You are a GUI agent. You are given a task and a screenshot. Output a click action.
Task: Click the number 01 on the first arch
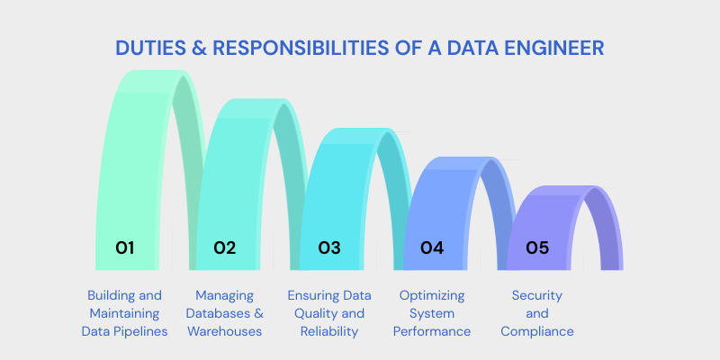[124, 247]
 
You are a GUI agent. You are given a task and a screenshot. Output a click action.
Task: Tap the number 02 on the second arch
[225, 247]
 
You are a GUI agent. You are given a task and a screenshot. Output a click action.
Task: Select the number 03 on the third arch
[329, 247]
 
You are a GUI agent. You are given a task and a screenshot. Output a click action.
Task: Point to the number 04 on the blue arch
[433, 247]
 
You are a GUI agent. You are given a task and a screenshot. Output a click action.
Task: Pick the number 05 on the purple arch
[537, 247]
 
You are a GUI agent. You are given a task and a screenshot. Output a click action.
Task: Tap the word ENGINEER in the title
[551, 48]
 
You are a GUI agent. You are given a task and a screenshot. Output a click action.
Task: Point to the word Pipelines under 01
[143, 331]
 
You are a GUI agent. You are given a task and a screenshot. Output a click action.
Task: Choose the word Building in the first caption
[112, 295]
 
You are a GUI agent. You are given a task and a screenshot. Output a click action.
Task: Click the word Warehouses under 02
[225, 331]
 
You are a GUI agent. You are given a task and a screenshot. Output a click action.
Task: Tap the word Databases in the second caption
[220, 313]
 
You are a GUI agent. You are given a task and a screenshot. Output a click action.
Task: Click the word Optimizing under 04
[432, 295]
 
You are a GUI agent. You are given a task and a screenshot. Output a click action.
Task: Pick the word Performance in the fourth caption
[432, 331]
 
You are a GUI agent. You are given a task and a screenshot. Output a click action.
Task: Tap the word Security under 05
[537, 295]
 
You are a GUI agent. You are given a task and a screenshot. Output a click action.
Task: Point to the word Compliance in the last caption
[537, 331]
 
